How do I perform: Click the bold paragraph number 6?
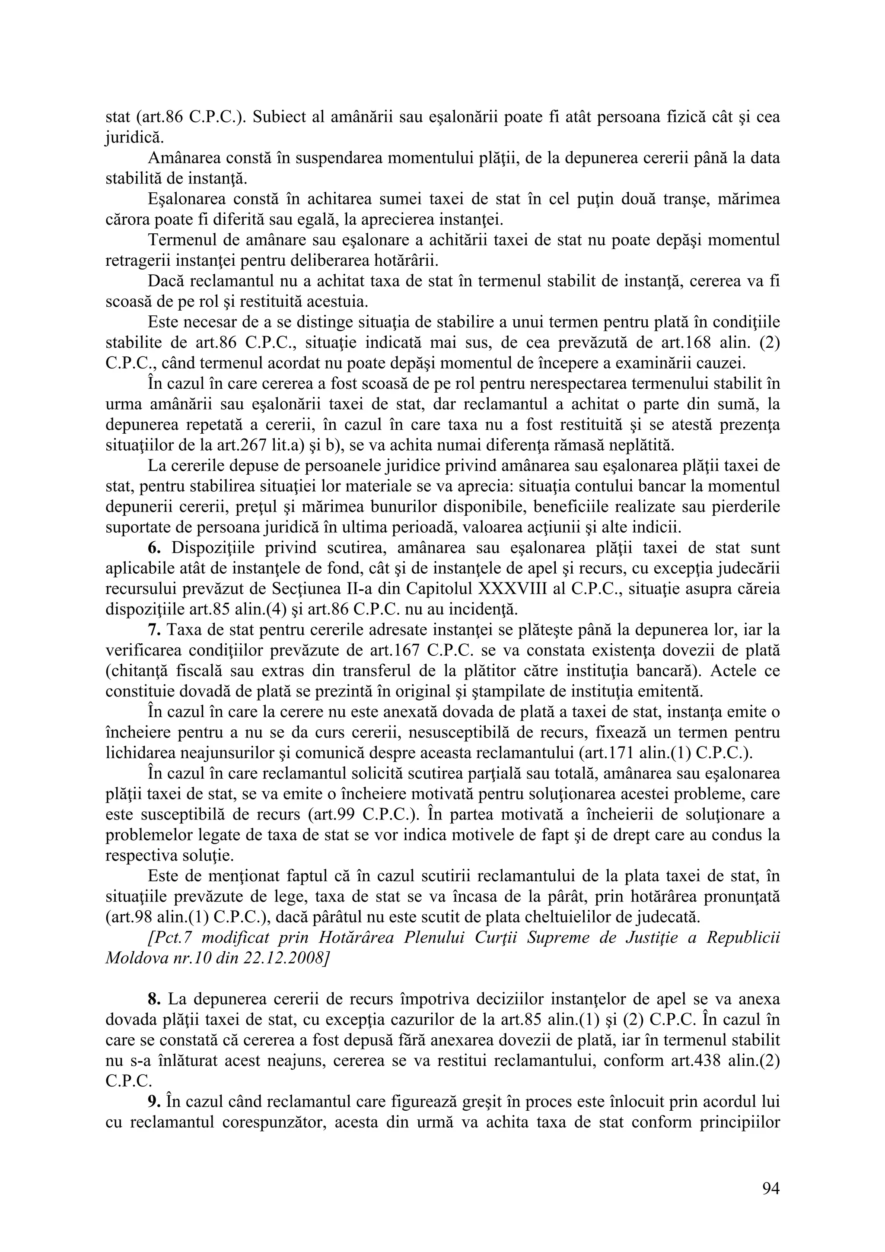[153, 548]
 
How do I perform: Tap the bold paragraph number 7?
[153, 630]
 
